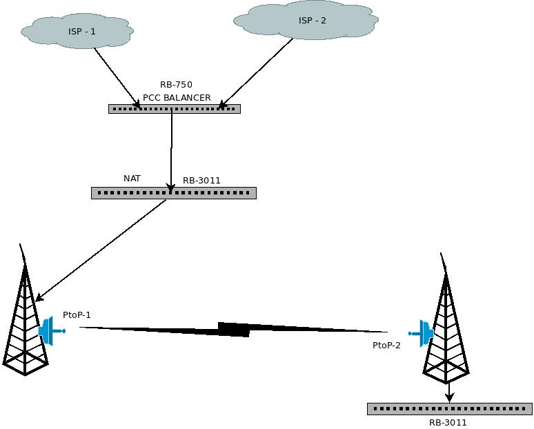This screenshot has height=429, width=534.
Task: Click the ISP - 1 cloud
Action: coord(77,31)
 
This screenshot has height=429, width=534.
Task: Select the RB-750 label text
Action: coord(176,85)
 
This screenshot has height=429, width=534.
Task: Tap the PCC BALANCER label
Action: coord(177,98)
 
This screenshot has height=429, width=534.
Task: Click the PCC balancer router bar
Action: coord(174,109)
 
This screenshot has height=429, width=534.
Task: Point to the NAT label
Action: coord(132,179)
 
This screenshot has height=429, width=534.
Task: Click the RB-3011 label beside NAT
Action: coord(201,181)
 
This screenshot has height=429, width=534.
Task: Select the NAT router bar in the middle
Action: coord(173,193)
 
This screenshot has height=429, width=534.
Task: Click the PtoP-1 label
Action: coord(77,315)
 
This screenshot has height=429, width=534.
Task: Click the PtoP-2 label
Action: coord(386,346)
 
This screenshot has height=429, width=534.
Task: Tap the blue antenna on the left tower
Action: coord(49,331)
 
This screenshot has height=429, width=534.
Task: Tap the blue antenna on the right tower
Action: coord(424,333)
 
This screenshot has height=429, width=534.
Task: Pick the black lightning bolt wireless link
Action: coord(233,329)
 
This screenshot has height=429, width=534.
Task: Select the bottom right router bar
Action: coord(449,409)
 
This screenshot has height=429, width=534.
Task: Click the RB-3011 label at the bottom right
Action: coord(448,423)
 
